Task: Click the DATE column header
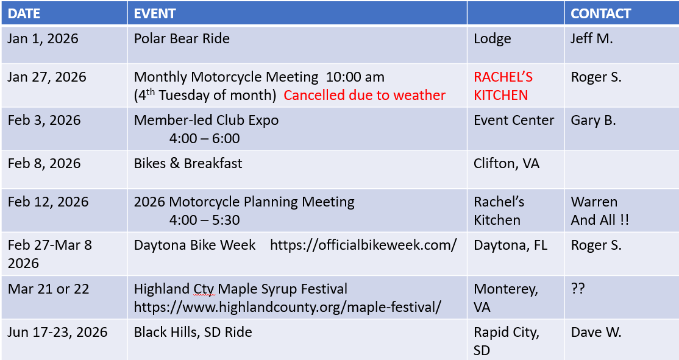[x=24, y=13]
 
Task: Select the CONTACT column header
[x=600, y=13]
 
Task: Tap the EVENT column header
[x=155, y=13]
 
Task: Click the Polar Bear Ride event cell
[x=182, y=38]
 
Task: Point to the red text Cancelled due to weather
[x=364, y=95]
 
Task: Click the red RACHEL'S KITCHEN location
[x=503, y=86]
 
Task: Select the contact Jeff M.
[x=591, y=38]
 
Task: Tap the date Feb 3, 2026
[x=44, y=120]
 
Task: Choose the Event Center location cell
[x=514, y=120]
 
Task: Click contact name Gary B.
[x=593, y=120]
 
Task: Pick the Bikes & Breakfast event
[x=188, y=164]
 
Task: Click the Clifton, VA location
[x=507, y=164]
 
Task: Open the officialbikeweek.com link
[x=363, y=245]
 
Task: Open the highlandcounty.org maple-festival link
[x=287, y=307]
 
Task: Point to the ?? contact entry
[x=578, y=289]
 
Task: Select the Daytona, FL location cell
[x=510, y=245]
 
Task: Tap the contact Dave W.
[x=596, y=332]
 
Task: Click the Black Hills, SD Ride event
[x=193, y=332]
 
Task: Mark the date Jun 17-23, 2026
[x=57, y=332]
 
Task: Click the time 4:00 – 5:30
[x=204, y=220]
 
